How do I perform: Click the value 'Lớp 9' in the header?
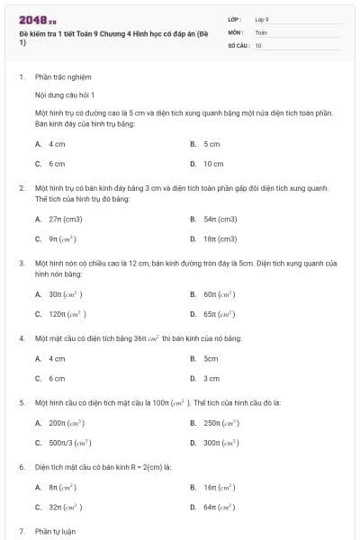click(262, 18)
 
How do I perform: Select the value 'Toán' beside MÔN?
click(261, 31)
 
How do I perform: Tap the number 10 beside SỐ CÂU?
click(258, 44)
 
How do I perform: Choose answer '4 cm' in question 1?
click(57, 144)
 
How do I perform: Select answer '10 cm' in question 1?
click(213, 164)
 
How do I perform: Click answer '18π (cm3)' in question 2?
click(220, 238)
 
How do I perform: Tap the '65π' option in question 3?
click(219, 314)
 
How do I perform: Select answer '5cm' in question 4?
click(211, 358)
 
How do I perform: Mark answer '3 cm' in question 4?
click(211, 378)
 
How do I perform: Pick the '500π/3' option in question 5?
click(70, 443)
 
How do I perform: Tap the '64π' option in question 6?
click(219, 508)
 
